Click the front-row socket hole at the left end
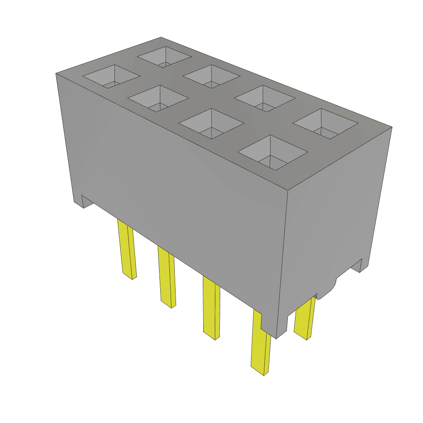pyautogui.click(x=111, y=76)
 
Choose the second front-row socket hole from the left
pyautogui.click(x=158, y=98)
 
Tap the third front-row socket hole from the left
pyautogui.click(x=211, y=123)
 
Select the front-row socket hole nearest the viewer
pyautogui.click(x=273, y=152)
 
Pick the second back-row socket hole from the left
pyautogui.click(x=211, y=76)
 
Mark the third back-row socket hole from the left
pyautogui.click(x=264, y=98)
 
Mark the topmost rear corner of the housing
pyautogui.click(x=160, y=37)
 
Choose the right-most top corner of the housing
pyautogui.click(x=391, y=127)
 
